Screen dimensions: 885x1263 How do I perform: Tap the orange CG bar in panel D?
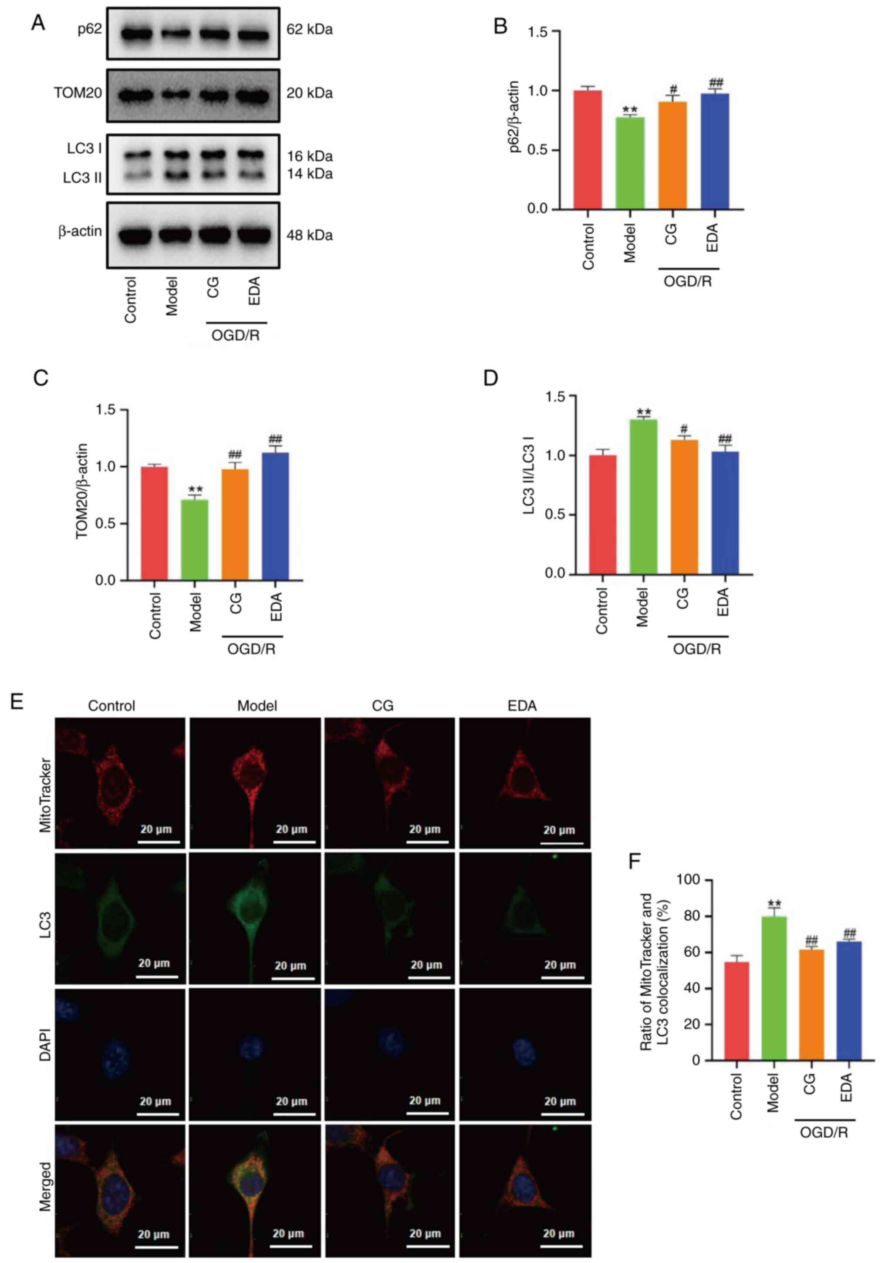coord(684,506)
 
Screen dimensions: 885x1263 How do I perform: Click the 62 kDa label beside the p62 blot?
coord(309,30)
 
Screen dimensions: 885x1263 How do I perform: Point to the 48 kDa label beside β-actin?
coord(309,236)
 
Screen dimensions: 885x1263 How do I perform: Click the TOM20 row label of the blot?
coord(78,94)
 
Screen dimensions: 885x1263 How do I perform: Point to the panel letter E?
coord(17,702)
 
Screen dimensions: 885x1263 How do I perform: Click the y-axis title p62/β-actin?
coord(513,117)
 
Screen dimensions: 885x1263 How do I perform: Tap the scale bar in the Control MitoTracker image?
coord(159,842)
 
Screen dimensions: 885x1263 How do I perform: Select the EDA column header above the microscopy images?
coord(522,706)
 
